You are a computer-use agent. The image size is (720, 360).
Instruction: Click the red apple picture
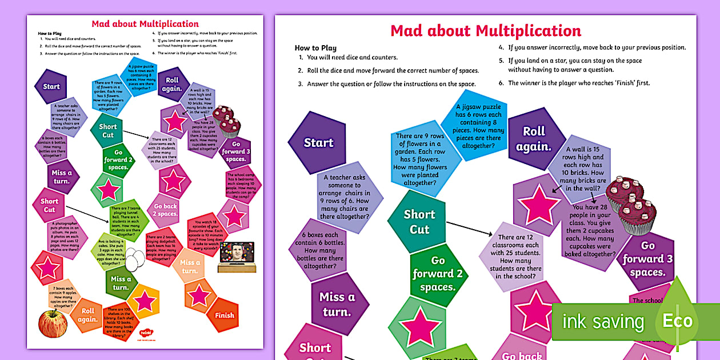click(x=53, y=323)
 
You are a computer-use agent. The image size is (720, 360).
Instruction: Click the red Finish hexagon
click(x=225, y=315)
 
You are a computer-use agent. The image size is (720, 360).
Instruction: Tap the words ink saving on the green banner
click(x=603, y=322)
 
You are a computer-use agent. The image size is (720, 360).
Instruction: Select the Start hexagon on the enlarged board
click(x=318, y=143)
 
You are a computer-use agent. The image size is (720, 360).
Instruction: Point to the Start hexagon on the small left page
click(x=51, y=87)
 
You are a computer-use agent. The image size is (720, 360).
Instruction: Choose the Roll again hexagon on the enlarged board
click(x=534, y=139)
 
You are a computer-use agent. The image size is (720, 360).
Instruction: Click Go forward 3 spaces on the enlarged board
click(x=647, y=258)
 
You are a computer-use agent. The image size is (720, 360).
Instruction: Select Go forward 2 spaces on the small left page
click(x=118, y=159)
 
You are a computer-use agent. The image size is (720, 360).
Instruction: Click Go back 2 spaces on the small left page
click(x=165, y=210)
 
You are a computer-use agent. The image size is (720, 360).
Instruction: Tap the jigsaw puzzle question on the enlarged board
click(x=478, y=126)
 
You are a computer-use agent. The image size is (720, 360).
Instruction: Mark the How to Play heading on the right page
click(x=315, y=48)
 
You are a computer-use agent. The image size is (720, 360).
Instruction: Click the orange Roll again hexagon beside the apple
click(x=87, y=315)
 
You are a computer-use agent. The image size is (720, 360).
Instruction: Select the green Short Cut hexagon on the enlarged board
click(x=419, y=222)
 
